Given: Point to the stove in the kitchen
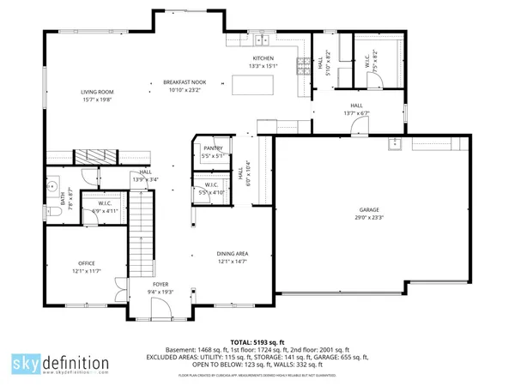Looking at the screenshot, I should point(301,65).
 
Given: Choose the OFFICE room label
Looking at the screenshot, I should point(87,262).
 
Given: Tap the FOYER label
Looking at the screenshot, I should point(161,284).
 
